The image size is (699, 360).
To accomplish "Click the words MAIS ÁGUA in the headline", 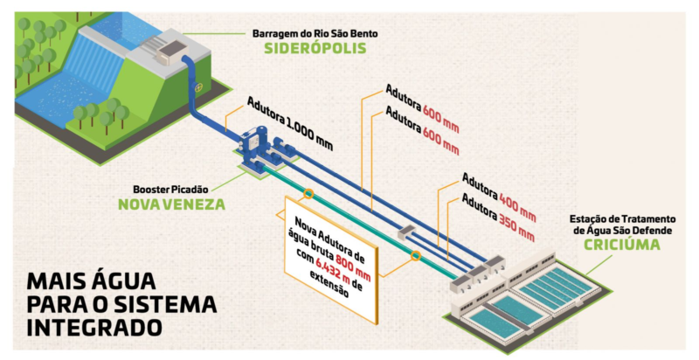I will point(79,281).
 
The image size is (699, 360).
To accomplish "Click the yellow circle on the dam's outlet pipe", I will point(198,88).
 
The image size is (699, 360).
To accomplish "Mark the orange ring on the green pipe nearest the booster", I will point(308,192).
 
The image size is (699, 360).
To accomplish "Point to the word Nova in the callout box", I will point(311,221).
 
